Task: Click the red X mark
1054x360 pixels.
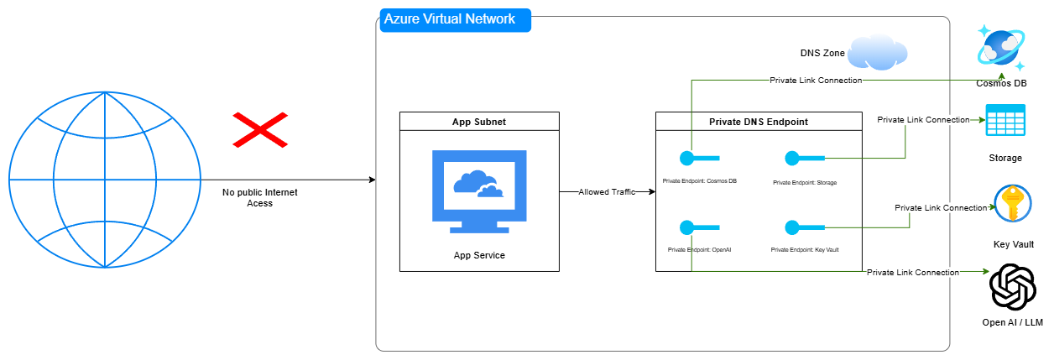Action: [260, 130]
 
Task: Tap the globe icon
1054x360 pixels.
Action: [104, 180]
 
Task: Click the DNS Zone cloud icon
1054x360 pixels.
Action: [877, 52]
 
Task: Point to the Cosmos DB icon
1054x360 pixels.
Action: [1001, 49]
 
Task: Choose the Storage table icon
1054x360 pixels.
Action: [1005, 121]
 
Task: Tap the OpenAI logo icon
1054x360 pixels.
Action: [1012, 287]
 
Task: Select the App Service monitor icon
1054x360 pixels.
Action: [478, 191]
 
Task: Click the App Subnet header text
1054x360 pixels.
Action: [478, 122]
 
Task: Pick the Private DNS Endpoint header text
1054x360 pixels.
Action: [758, 122]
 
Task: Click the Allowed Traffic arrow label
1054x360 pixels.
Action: [607, 192]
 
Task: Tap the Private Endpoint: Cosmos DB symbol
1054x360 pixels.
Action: [699, 158]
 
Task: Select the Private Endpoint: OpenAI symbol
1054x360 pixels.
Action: [699, 227]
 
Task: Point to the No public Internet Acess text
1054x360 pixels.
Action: [260, 198]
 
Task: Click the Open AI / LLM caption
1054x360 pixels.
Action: [1012, 323]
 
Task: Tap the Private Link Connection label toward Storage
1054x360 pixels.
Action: [923, 120]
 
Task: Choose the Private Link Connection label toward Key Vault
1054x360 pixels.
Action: [941, 207]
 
